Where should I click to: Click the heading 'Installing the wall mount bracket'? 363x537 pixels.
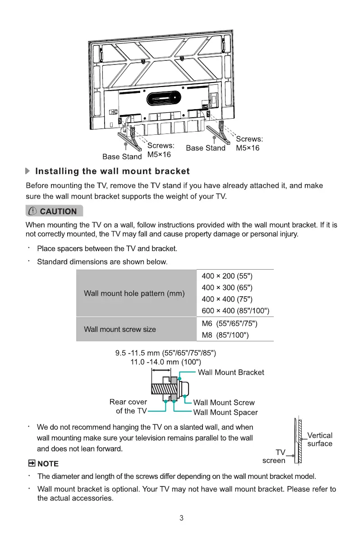tap(112, 171)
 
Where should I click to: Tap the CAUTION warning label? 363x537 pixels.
tap(54, 211)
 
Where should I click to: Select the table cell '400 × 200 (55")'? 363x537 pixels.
tap(227, 276)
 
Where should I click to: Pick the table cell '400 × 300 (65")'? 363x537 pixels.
tap(227, 288)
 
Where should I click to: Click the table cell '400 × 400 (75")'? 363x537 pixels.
tap(227, 299)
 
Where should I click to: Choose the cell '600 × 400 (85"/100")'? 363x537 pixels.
tap(236, 311)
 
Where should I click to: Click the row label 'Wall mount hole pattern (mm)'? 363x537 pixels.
tap(134, 294)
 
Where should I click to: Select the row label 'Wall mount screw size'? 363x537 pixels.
tap(120, 329)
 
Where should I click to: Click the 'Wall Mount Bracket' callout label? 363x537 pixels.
tap(231, 372)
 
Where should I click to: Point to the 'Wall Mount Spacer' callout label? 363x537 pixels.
tap(225, 412)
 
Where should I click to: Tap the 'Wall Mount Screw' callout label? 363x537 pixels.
tap(224, 403)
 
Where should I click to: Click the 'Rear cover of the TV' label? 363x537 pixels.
tap(129, 406)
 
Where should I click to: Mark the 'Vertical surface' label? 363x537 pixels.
tap(320, 439)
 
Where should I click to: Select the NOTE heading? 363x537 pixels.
tap(43, 464)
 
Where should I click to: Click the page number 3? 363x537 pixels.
tap(181, 518)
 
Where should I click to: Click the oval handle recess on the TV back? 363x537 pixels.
tap(160, 96)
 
